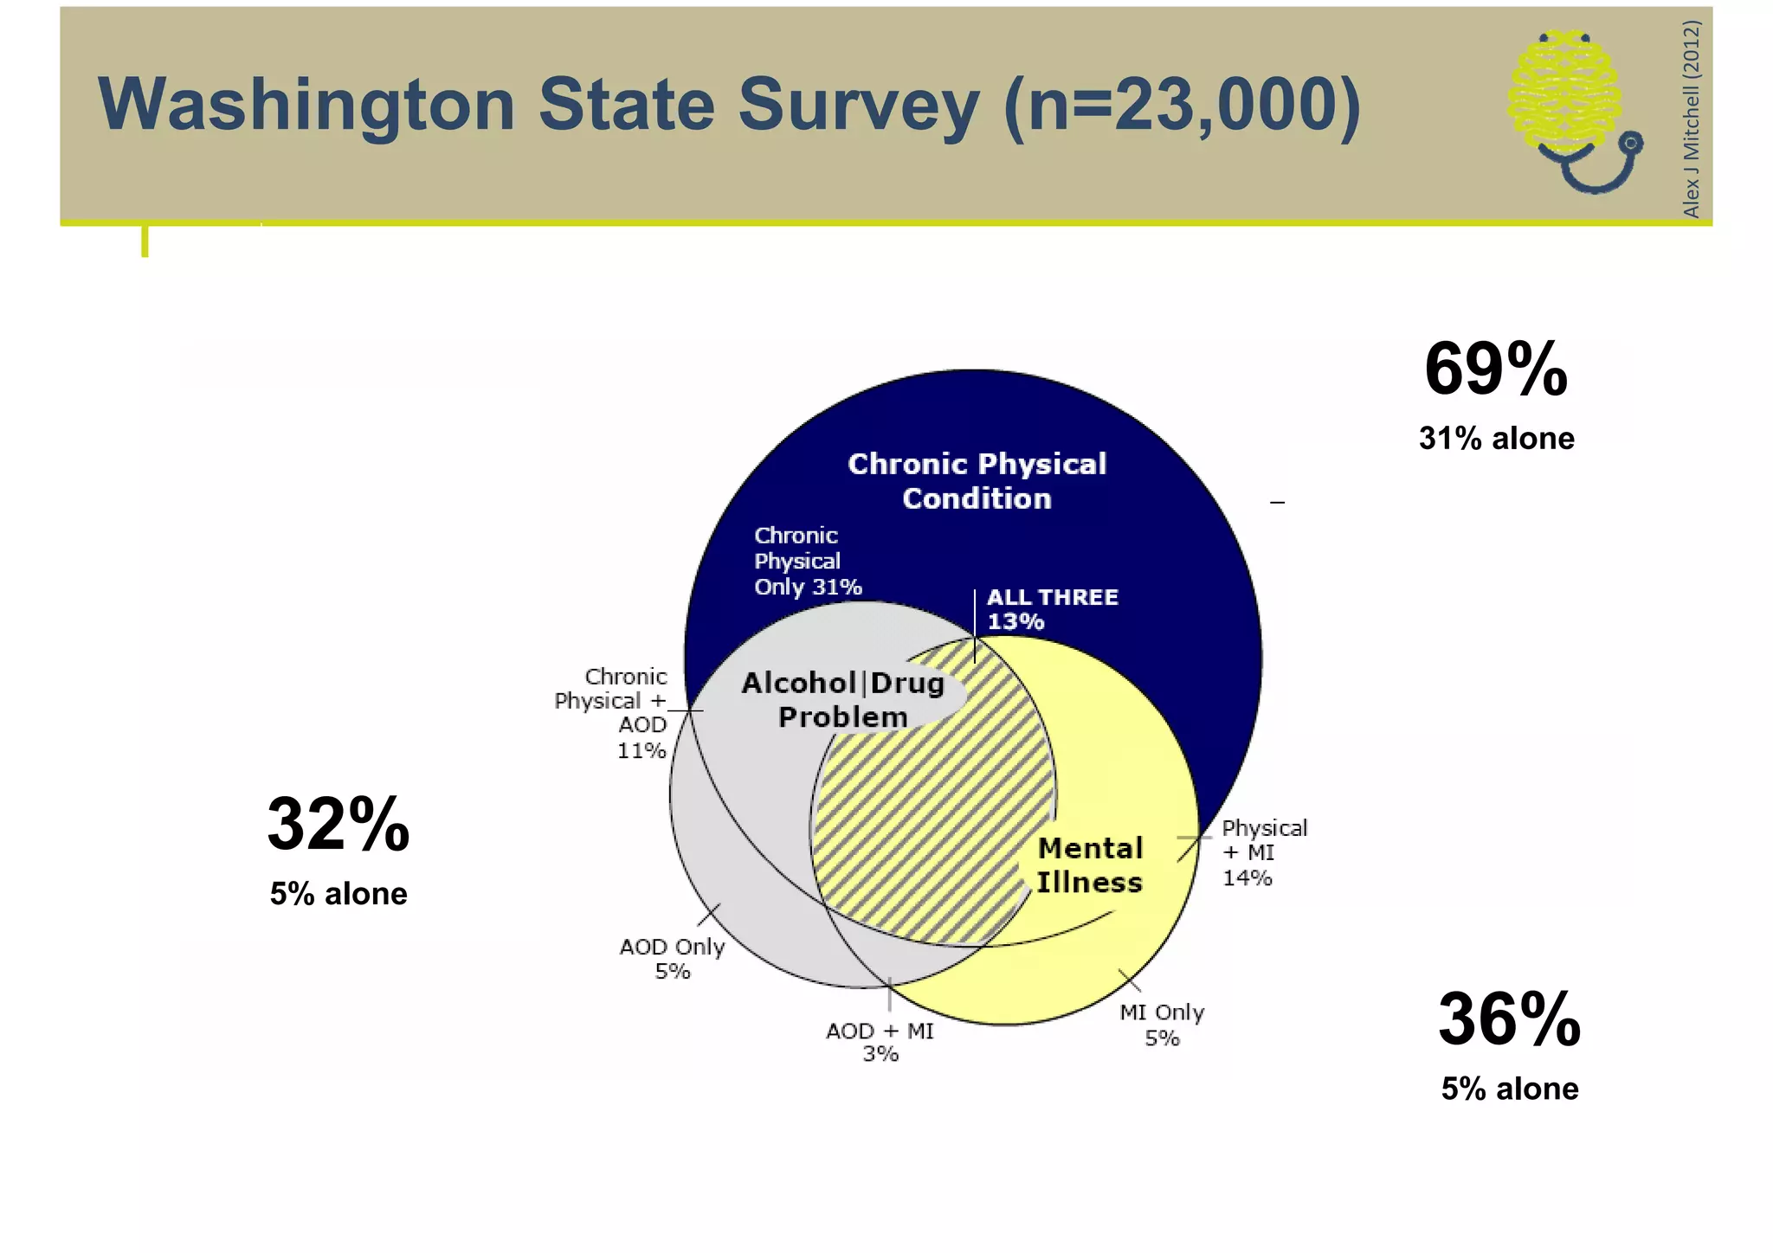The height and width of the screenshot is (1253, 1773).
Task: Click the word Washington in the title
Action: (x=307, y=105)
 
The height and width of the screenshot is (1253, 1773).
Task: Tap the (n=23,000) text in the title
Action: (x=1182, y=105)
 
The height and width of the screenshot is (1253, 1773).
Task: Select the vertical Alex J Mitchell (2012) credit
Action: (x=1691, y=119)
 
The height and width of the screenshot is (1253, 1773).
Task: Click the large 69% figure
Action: (x=1496, y=369)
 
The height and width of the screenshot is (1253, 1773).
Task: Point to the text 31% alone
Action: (x=1496, y=439)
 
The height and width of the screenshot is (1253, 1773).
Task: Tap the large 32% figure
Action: (x=338, y=825)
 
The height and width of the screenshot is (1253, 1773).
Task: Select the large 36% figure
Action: (x=1509, y=1019)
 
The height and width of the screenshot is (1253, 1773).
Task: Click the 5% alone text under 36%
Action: (x=1509, y=1089)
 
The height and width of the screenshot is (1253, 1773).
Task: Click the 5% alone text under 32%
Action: (x=338, y=894)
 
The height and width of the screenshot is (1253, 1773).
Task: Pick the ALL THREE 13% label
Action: (x=1051, y=609)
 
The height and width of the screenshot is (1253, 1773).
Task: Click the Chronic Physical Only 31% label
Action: (x=807, y=562)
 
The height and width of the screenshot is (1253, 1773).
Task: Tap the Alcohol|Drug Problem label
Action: (x=842, y=700)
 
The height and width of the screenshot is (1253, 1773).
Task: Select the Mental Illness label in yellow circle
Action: (x=1090, y=865)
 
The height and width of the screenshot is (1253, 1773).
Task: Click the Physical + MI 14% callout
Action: (x=1263, y=852)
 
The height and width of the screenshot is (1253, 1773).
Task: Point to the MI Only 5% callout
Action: (x=1162, y=1025)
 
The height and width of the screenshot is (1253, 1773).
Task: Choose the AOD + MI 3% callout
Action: (x=880, y=1042)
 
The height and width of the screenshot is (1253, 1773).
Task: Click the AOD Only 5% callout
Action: (x=672, y=959)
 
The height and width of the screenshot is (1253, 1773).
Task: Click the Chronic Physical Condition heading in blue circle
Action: (x=977, y=481)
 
